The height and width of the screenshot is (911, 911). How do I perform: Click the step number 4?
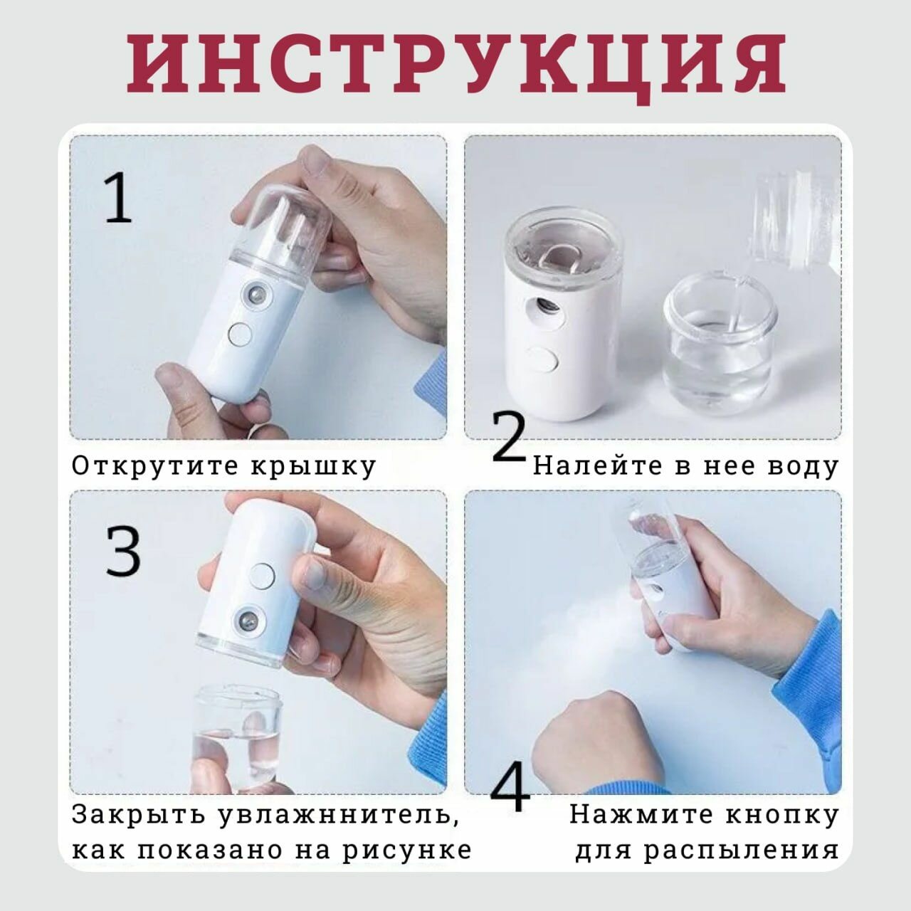[510, 787]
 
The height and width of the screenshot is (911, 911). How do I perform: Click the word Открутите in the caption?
[156, 466]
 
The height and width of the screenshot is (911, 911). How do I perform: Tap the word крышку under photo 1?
[313, 468]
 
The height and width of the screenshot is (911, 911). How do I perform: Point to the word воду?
[802, 468]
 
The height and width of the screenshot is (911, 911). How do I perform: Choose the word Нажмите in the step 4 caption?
[641, 814]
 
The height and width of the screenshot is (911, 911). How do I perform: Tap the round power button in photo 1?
[240, 334]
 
